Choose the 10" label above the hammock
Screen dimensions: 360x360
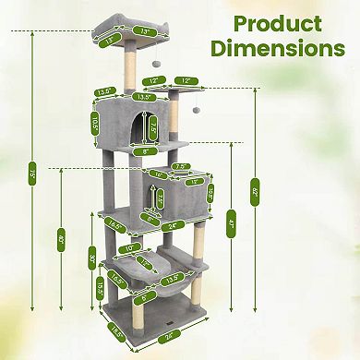click(130, 248)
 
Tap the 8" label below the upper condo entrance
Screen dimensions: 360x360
click(146, 150)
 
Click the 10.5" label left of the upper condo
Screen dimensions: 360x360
click(94, 123)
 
